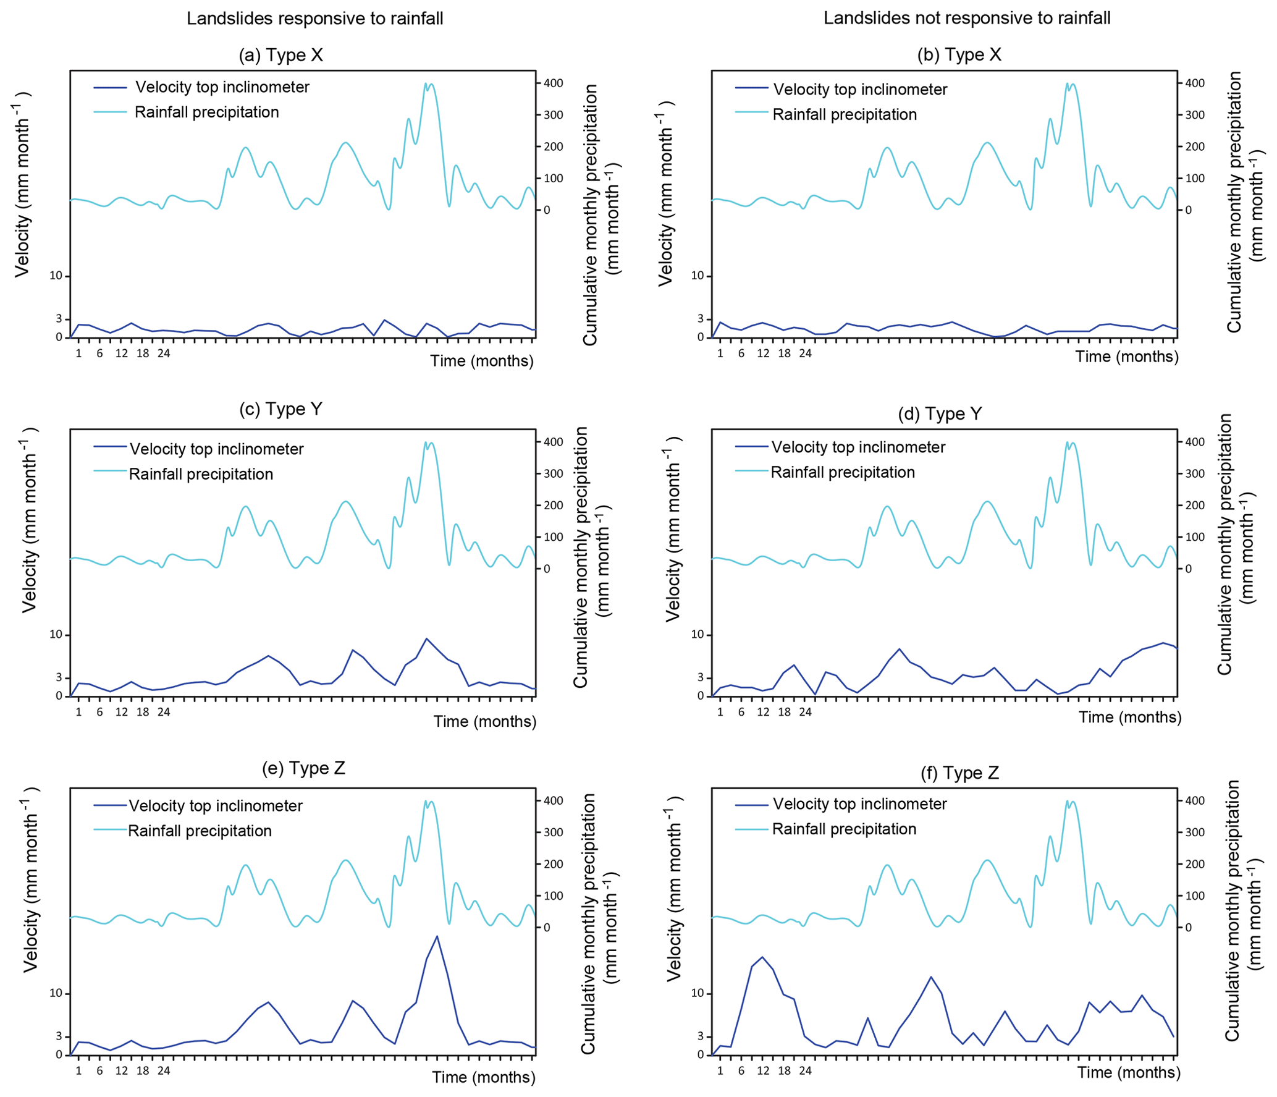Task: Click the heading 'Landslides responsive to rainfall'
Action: click(x=314, y=19)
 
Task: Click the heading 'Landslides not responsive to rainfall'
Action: click(x=966, y=18)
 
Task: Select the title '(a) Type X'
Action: click(x=280, y=55)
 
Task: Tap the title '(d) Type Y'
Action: click(x=939, y=413)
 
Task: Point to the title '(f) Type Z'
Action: click(x=959, y=773)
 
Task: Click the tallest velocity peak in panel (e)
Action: click(x=437, y=936)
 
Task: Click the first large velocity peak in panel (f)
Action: click(x=762, y=957)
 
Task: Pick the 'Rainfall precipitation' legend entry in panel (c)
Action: click(x=201, y=474)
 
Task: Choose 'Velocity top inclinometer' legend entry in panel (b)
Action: click(x=859, y=90)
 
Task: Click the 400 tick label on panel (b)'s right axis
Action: click(x=1195, y=83)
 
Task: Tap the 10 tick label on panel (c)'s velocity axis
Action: click(x=56, y=635)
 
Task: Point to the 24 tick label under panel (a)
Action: click(x=163, y=354)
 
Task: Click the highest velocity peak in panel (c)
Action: click(x=426, y=638)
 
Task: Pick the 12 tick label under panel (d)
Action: click(x=763, y=712)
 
